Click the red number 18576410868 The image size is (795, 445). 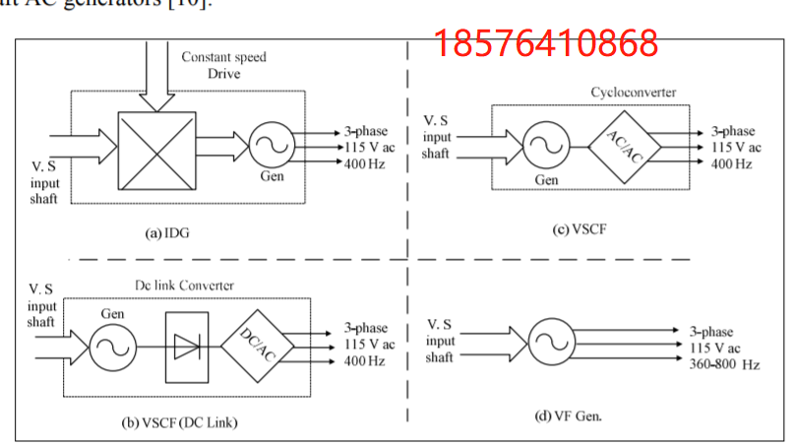pyautogui.click(x=547, y=42)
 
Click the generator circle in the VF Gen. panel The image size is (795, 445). pyautogui.click(x=551, y=344)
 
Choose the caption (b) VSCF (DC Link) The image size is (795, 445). pyautogui.click(x=180, y=423)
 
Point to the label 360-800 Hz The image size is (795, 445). pyautogui.click(x=725, y=364)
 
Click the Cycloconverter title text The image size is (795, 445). pyautogui.click(x=634, y=93)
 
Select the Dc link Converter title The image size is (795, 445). pyautogui.click(x=184, y=286)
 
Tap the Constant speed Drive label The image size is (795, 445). pyautogui.click(x=223, y=65)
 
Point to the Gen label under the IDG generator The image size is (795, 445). pyautogui.click(x=272, y=177)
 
